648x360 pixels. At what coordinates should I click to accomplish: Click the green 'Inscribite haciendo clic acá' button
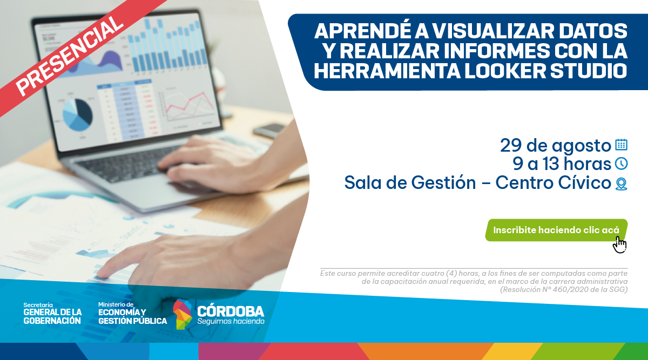pos(556,230)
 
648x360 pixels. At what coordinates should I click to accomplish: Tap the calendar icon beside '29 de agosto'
pos(621,145)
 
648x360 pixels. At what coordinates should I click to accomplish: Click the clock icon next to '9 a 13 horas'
pos(621,164)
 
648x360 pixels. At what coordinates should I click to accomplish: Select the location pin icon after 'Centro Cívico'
pos(621,184)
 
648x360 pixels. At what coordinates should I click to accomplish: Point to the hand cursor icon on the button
pos(620,245)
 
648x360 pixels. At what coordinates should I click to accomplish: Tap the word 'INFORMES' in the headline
pos(496,51)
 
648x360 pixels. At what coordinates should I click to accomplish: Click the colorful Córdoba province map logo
pos(183,314)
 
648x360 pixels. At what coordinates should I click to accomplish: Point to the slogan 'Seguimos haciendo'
pos(231,321)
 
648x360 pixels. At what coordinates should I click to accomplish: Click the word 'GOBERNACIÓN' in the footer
pos(52,321)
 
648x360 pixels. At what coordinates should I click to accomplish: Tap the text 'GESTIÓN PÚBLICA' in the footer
pos(132,321)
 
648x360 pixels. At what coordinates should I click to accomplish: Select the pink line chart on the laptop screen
pos(190,104)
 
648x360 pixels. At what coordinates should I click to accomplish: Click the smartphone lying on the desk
pos(269,130)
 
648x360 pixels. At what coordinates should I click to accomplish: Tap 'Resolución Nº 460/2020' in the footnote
pos(548,289)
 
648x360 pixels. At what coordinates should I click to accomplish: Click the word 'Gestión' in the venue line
pos(443,183)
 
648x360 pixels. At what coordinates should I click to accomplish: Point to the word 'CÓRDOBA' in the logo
pos(231,311)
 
